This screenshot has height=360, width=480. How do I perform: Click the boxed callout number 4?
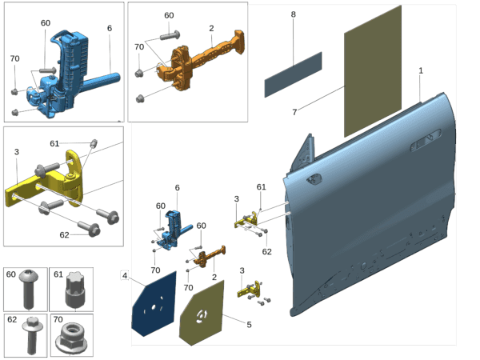coord(125,276)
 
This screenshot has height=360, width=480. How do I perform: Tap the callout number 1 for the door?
coord(421,70)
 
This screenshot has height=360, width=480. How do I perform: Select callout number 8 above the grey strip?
coord(293,14)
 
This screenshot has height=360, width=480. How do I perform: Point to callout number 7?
coord(294,112)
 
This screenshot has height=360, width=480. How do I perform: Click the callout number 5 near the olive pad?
coord(249,324)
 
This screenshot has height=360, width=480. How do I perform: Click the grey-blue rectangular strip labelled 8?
coord(293,74)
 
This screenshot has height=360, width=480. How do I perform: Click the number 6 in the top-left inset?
coord(109,28)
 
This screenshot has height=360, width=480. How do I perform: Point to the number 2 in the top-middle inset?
coord(211,28)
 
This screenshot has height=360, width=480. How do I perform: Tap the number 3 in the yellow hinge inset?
coord(16,151)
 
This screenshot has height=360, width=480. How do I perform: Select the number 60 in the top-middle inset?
coord(169,15)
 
